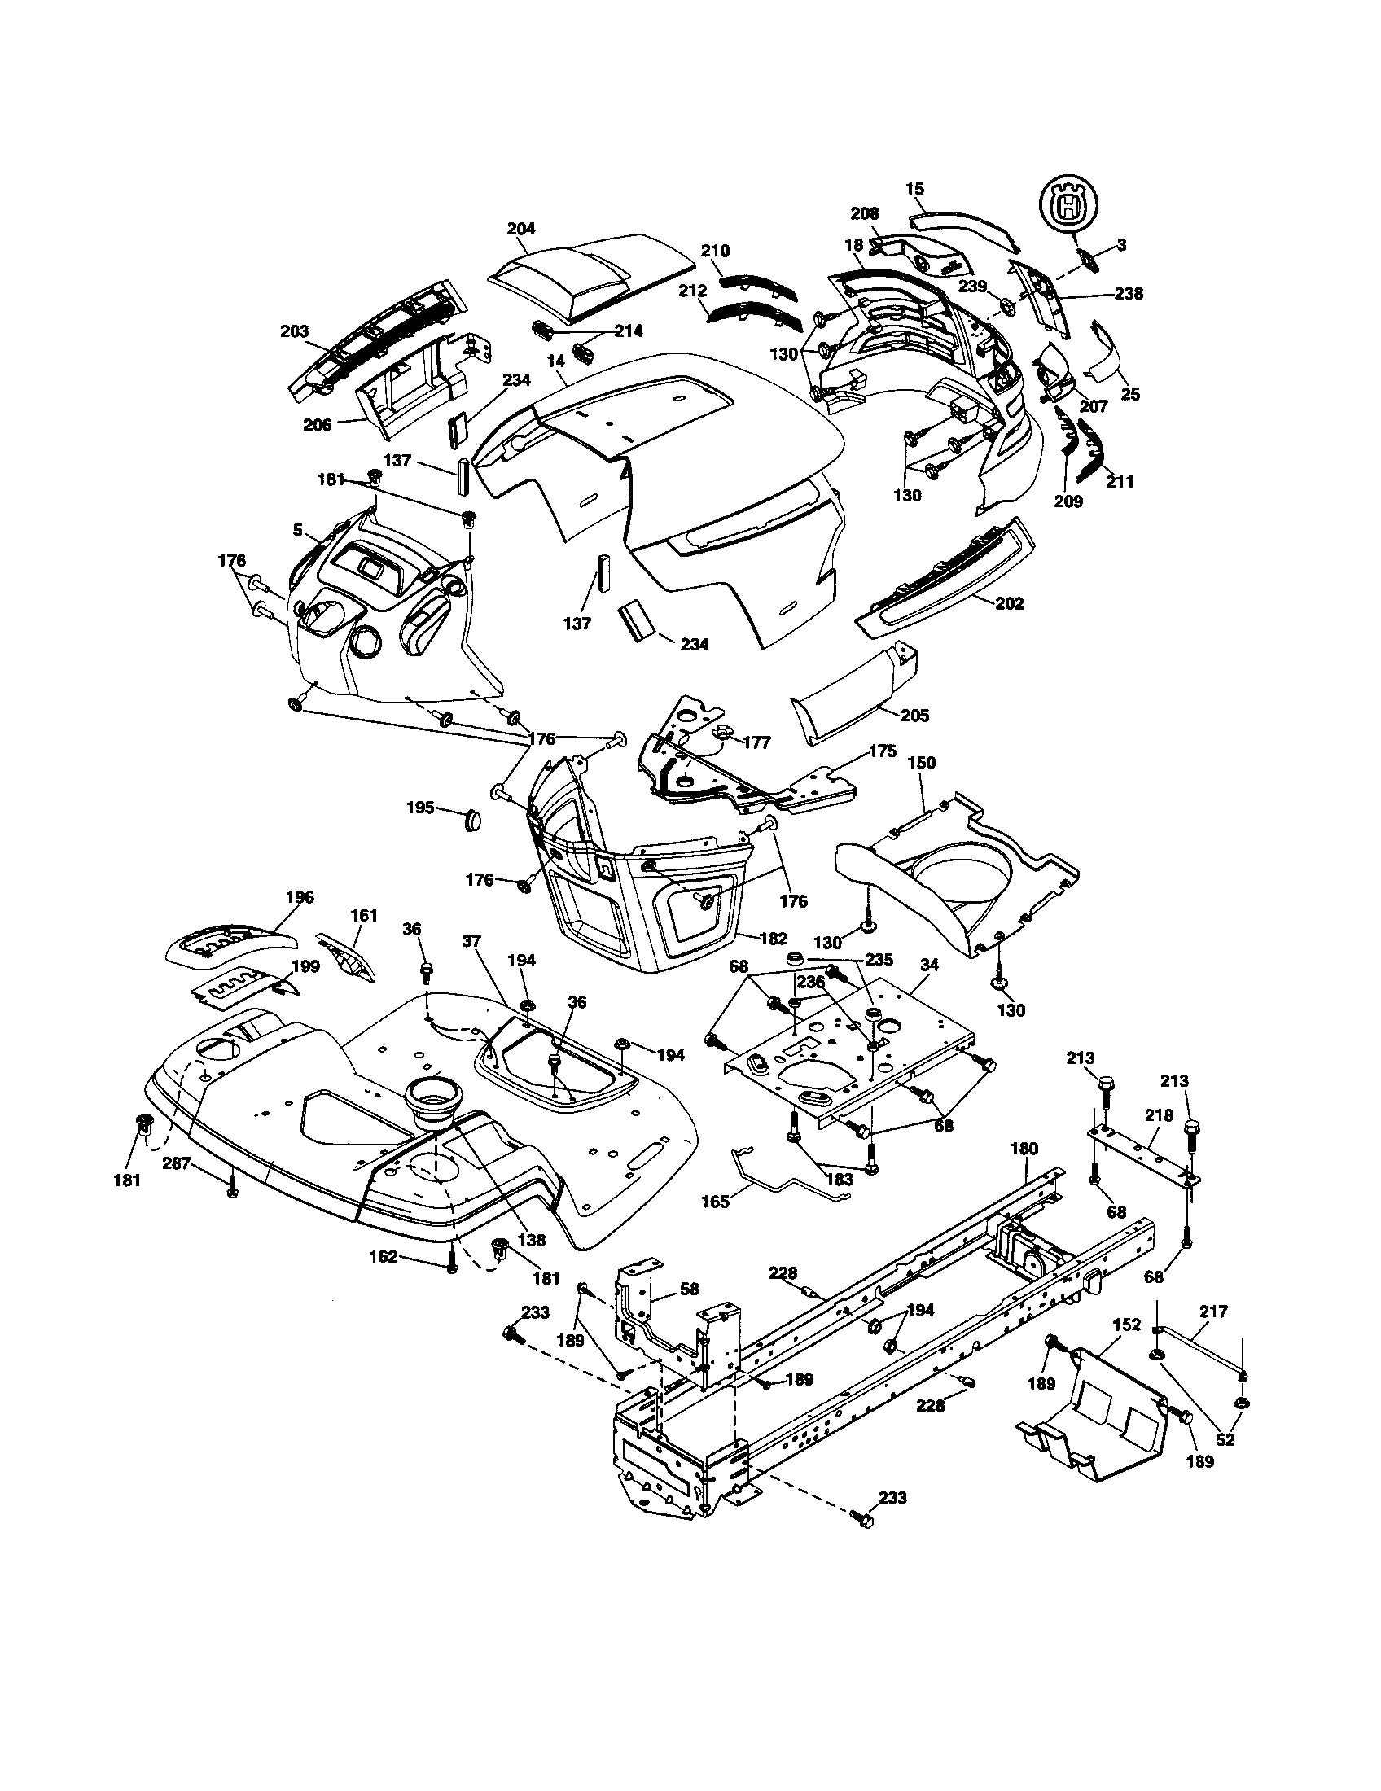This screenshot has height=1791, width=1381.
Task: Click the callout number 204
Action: (521, 229)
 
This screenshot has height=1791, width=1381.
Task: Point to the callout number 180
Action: (1025, 1148)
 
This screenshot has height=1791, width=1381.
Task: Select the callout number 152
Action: (1127, 1324)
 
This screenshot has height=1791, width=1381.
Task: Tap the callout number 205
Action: (914, 716)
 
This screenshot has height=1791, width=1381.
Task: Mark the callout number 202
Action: (1009, 603)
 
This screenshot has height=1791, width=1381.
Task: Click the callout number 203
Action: (295, 332)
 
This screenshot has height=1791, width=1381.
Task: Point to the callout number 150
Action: (921, 763)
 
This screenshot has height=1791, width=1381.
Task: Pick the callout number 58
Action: (690, 1290)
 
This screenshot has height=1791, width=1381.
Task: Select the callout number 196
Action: (300, 897)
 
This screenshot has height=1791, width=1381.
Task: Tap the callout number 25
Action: (1130, 395)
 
